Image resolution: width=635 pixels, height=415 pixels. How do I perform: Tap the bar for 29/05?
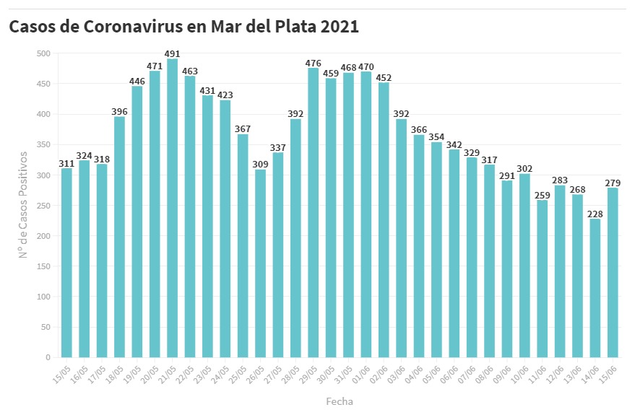pos(314,212)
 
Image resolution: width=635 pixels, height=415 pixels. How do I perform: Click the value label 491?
pos(172,53)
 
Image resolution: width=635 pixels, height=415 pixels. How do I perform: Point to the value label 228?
pos(595,213)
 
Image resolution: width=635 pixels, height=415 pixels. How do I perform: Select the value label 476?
pos(314,63)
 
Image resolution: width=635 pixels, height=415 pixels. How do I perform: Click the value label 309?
pos(260,165)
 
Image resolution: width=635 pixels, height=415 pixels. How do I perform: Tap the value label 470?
pos(366,66)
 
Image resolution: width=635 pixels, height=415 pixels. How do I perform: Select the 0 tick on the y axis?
pos(47,357)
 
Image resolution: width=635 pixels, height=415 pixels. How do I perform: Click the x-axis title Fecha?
pos(340,401)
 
